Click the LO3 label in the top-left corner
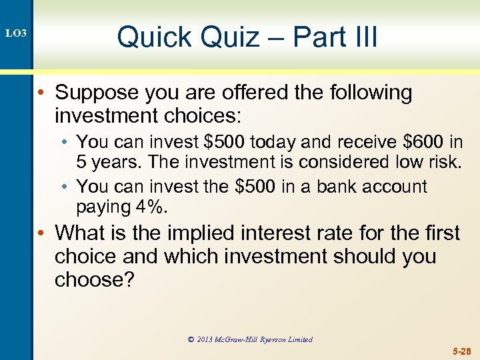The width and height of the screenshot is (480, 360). (x=15, y=33)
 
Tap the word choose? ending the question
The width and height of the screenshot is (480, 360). (x=95, y=281)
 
